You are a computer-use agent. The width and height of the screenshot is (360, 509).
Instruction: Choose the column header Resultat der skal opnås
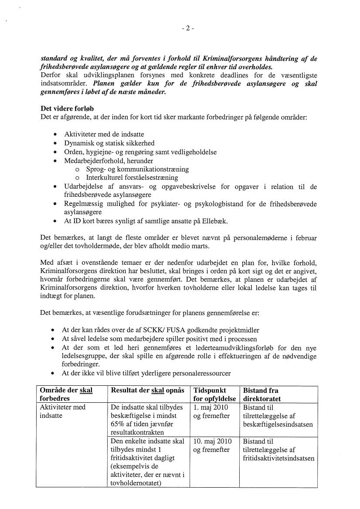tap(147, 391)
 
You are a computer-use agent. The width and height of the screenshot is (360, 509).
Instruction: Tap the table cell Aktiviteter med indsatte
tap(63, 411)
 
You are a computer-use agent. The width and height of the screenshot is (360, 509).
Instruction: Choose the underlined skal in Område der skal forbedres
tap(86, 391)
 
